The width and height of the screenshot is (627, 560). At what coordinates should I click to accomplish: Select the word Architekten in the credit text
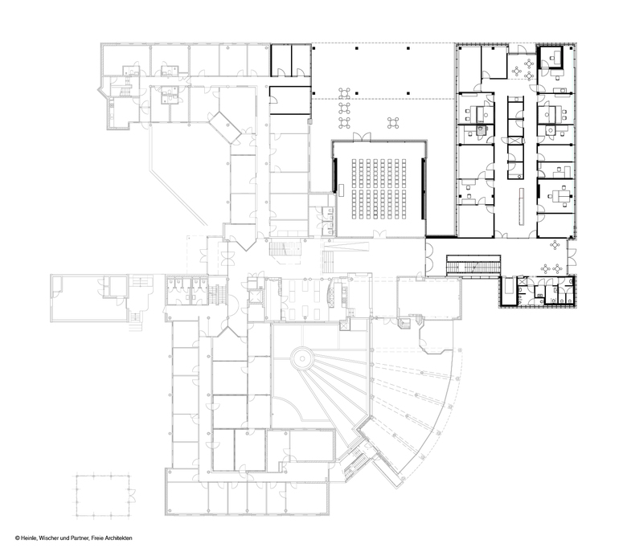[119, 538]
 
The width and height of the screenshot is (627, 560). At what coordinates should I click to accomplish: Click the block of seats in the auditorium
[379, 189]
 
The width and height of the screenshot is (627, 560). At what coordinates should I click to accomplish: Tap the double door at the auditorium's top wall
[362, 137]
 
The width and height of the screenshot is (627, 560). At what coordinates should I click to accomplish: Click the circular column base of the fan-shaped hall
[301, 358]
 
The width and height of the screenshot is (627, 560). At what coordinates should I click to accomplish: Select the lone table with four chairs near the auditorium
[393, 123]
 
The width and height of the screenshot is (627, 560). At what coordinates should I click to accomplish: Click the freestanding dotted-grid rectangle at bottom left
[103, 496]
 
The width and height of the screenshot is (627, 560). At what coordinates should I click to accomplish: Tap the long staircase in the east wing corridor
[473, 265]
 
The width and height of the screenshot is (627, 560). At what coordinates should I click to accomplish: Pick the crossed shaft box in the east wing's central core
[515, 141]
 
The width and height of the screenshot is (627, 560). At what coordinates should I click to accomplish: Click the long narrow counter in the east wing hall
[522, 206]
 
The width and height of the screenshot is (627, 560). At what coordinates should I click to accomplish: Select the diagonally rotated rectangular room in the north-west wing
[225, 128]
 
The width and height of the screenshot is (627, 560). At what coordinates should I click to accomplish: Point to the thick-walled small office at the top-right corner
[551, 58]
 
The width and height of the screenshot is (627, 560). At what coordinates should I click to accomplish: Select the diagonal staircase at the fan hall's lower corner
[355, 464]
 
